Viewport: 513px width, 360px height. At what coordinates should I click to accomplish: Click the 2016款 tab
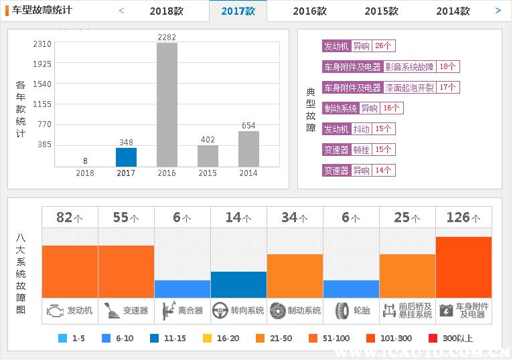coord(309,11)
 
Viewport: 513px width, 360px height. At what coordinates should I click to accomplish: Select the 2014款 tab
coord(453,11)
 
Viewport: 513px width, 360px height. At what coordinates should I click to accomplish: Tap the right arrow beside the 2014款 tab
coord(498,11)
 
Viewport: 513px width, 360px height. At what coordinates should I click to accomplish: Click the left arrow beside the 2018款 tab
coord(121,11)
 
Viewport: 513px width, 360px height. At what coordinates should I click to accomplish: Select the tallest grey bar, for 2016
coord(167,104)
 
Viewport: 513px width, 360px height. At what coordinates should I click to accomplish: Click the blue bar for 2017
coord(126,157)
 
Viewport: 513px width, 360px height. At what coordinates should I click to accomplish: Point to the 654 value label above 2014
coord(248,126)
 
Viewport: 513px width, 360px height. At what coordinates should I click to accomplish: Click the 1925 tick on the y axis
coord(42,64)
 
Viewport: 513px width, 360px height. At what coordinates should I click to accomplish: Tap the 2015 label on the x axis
coord(208,173)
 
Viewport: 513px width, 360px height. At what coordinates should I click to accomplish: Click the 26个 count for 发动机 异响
coord(384,46)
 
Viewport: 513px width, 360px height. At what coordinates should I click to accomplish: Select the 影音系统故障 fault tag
coord(409,67)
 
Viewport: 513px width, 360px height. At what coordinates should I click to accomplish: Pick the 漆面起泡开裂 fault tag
coord(409,88)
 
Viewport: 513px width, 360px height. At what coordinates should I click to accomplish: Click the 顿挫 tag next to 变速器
coord(362,150)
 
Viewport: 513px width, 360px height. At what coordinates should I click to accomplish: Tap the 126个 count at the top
coord(463,217)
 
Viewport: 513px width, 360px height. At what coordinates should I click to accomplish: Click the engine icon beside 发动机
coord(55,310)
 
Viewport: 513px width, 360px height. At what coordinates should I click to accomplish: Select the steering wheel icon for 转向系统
coord(220,310)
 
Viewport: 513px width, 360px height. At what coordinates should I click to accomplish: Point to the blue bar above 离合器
coord(182,289)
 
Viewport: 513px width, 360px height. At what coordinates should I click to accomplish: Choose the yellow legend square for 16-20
coord(207,339)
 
